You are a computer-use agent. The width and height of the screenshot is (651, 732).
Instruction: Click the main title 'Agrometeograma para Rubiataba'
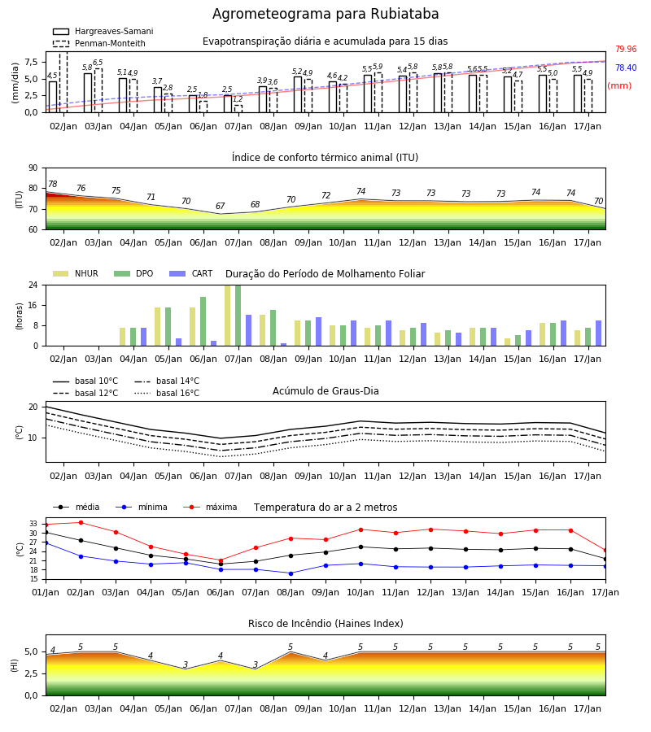[325, 14]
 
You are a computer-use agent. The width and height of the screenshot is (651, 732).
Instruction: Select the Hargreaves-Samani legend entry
[103, 31]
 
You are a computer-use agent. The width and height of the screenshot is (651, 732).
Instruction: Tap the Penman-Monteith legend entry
[99, 43]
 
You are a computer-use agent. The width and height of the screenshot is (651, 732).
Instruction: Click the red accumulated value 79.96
[626, 49]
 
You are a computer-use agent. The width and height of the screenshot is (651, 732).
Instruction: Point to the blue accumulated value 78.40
[626, 68]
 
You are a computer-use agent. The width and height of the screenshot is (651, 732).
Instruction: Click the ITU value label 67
[220, 206]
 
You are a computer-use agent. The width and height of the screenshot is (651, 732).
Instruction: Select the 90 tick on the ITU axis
[33, 168]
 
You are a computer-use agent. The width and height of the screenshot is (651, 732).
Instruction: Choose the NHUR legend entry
[76, 273]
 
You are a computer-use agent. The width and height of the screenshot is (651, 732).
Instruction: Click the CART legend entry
[191, 273]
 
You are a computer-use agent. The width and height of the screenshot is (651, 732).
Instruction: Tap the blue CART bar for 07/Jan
[248, 330]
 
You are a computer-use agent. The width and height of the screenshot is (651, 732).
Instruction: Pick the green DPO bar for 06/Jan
[203, 321]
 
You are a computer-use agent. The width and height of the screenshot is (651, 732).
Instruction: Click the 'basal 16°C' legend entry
[167, 393]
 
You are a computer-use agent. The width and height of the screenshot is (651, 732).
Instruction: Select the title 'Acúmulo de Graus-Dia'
[325, 391]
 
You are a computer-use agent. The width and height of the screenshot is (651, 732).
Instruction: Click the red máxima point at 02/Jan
[81, 522]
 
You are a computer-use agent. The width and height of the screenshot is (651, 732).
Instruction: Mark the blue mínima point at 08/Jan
[291, 573]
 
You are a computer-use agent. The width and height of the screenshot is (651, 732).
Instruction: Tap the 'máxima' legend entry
[210, 507]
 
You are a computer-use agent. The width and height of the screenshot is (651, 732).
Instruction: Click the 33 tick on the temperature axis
[33, 524]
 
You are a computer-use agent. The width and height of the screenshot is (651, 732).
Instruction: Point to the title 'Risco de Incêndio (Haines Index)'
[325, 624]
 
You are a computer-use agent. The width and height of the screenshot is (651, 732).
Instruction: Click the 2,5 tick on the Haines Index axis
[31, 673]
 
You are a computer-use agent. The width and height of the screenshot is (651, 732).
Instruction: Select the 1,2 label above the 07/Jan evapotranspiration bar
[238, 99]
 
